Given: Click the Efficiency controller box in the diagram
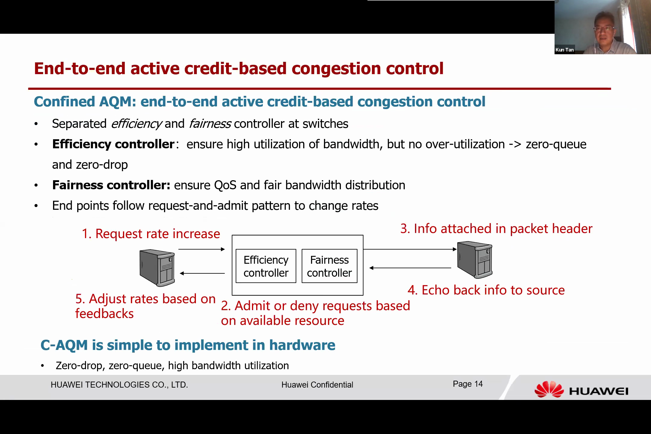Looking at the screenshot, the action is point(266,266).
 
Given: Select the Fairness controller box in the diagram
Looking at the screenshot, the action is point(329,266).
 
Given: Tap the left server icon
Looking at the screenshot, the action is point(157,268).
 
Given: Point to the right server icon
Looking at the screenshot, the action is point(475,259).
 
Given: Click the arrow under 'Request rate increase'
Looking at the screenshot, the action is point(202,249).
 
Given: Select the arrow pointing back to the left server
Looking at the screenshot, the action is point(202,273).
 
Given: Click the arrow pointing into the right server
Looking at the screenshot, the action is point(410,249).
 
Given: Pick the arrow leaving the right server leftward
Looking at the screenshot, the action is point(410,268).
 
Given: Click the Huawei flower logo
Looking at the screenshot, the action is point(549,389).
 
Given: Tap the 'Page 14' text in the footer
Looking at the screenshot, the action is point(468,384).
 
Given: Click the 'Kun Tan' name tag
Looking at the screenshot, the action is point(565,50).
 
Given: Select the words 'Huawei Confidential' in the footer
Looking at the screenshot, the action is point(317,385).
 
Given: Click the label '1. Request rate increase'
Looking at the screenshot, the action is point(151,234).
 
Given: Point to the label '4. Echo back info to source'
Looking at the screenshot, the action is point(486,290).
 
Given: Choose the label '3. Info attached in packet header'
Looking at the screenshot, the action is point(496,228).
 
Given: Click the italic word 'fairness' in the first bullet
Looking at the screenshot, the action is point(210,124).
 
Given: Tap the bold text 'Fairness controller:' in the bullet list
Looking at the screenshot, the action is point(112,185).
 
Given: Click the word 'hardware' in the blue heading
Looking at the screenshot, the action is point(302,345).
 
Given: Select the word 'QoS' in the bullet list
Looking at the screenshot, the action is point(225,185).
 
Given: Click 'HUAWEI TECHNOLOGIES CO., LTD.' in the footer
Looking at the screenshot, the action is point(119,385).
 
